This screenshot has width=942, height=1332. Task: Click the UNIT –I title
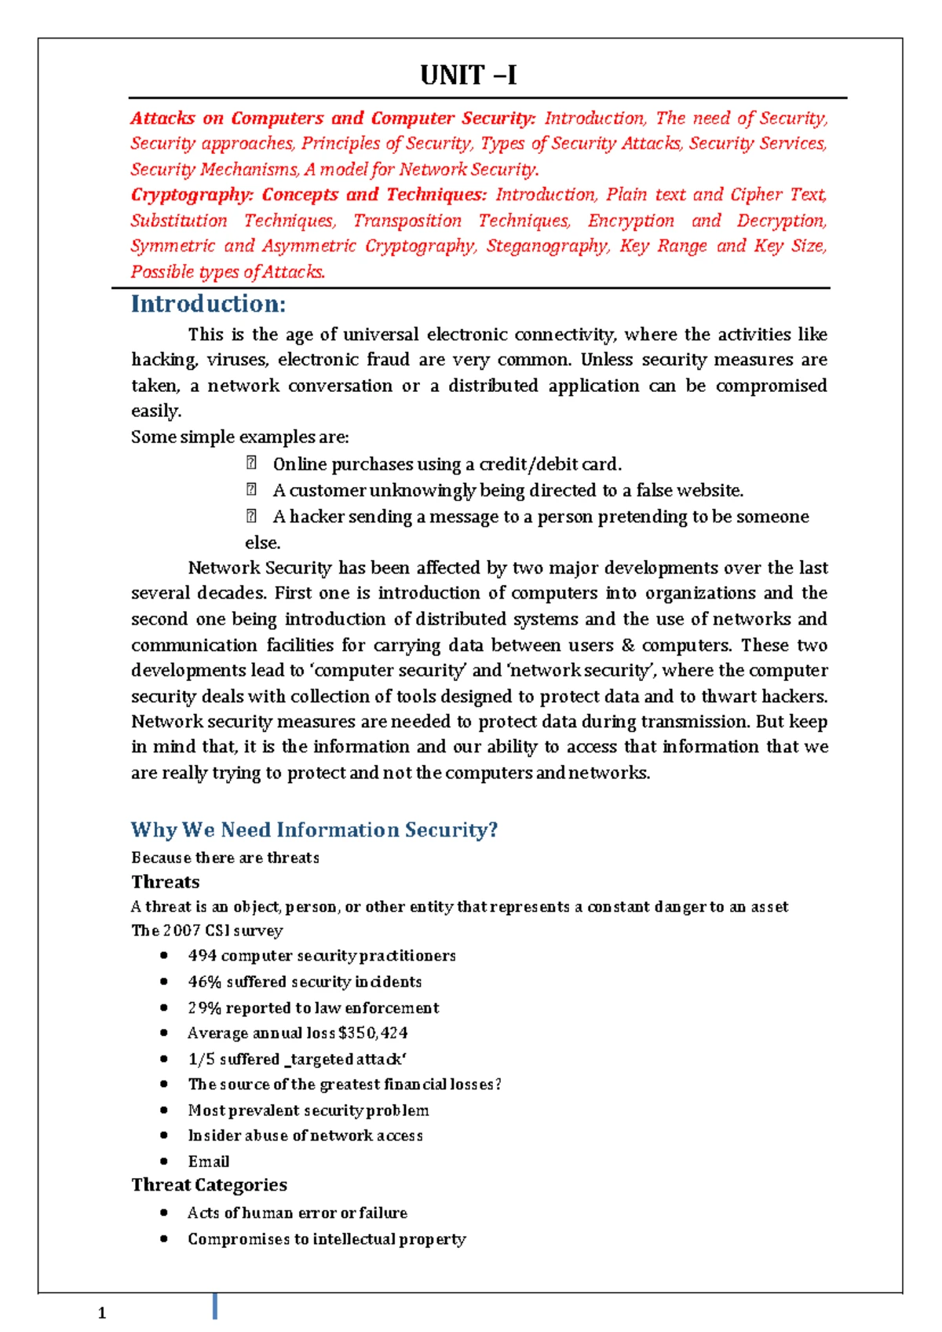point(469,75)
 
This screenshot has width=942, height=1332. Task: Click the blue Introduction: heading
point(208,304)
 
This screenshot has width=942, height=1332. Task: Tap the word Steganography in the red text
point(547,246)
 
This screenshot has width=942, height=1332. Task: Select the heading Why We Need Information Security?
point(314,830)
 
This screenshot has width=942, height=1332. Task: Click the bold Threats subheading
point(165,881)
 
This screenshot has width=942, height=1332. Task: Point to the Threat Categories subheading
point(209,1184)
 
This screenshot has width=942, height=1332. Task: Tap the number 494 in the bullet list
point(202,956)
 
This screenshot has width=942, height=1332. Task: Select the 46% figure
point(204,982)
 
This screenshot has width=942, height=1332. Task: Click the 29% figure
point(204,1008)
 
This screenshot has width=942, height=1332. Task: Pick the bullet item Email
point(208,1161)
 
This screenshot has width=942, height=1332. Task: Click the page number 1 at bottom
point(102,1313)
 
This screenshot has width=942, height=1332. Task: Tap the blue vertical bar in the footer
point(214,1306)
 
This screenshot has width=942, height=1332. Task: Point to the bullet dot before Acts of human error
point(163,1213)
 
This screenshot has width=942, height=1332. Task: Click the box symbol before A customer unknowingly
point(251,490)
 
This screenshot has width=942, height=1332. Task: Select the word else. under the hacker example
point(262,543)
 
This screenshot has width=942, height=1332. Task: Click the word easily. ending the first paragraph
point(155,412)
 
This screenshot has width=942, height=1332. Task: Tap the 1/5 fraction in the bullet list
point(201,1059)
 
